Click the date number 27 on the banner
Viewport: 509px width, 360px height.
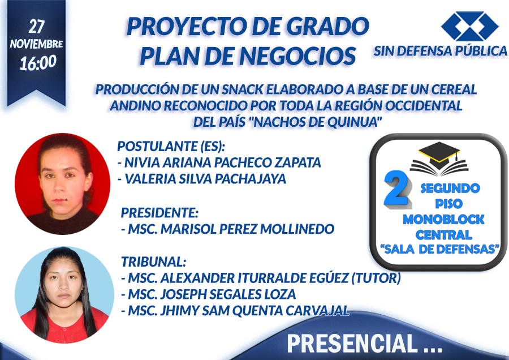coord(36,27)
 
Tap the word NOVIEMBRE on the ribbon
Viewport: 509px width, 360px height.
coord(36,44)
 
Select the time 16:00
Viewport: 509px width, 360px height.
coord(38,63)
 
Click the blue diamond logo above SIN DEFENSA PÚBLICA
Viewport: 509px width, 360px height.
coord(469,26)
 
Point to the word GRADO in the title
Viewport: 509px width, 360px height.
coord(328,27)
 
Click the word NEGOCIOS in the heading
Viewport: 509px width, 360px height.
coord(297,56)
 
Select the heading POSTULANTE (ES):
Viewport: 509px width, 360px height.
coord(171,146)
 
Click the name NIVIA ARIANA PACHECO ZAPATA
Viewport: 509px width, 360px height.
coord(219,162)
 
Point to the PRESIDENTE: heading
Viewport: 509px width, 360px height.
coord(159,213)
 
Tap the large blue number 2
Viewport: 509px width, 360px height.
coord(396,189)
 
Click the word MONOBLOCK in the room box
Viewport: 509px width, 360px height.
coord(443,220)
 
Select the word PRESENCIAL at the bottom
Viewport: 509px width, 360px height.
coord(352,344)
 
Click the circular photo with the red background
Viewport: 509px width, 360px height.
coord(62,184)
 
